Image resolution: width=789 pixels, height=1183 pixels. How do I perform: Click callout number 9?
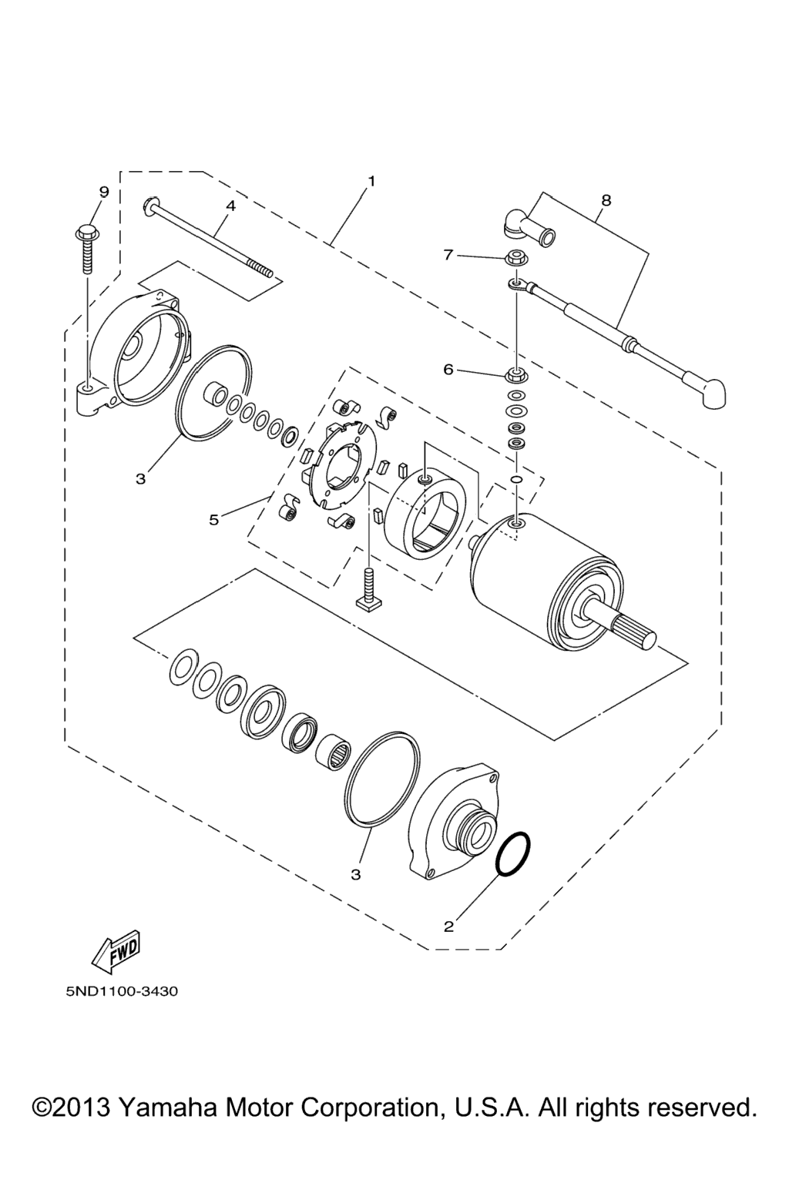tap(104, 192)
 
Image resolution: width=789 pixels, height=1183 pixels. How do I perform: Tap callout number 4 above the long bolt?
tap(230, 206)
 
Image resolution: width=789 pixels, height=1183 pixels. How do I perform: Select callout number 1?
tap(371, 181)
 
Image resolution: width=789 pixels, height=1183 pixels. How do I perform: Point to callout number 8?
tap(606, 200)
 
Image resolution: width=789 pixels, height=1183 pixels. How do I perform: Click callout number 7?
tap(448, 255)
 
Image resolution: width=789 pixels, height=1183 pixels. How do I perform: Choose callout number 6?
tap(448, 370)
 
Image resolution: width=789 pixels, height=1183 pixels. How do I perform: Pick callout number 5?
tap(213, 520)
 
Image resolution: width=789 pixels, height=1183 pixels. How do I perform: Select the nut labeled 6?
tap(515, 376)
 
